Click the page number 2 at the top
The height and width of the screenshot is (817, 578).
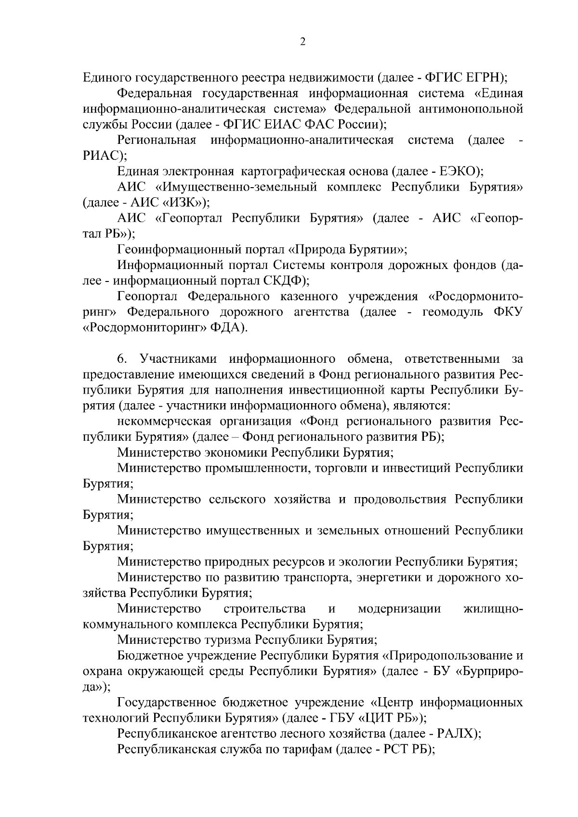(x=302, y=42)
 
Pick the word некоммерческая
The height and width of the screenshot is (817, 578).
(x=164, y=421)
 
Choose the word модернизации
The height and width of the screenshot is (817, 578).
(x=399, y=609)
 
